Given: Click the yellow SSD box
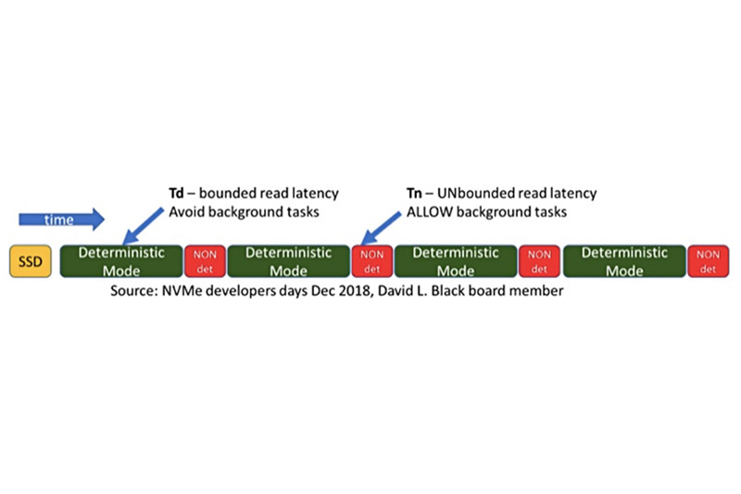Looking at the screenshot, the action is pyautogui.click(x=31, y=261).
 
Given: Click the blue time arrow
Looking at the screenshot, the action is pyautogui.click(x=61, y=220).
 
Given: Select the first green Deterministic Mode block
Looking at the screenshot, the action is pyautogui.click(x=121, y=261).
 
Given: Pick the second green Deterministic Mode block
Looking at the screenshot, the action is pyautogui.click(x=289, y=261).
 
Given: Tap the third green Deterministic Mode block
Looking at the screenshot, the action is pyautogui.click(x=456, y=261).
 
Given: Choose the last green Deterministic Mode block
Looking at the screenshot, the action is pyautogui.click(x=624, y=261).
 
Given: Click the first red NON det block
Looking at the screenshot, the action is pyautogui.click(x=205, y=261).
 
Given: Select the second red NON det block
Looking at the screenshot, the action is pyautogui.click(x=372, y=261).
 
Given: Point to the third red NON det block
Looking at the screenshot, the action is pyautogui.click(x=540, y=261).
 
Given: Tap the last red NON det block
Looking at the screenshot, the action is pyautogui.click(x=708, y=261).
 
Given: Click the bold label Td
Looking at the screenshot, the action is pyautogui.click(x=176, y=194).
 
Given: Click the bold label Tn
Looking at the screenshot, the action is pyautogui.click(x=414, y=194).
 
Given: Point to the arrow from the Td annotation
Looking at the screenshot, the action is pyautogui.click(x=143, y=225).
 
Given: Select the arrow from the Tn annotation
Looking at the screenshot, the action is pyautogui.click(x=381, y=228).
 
